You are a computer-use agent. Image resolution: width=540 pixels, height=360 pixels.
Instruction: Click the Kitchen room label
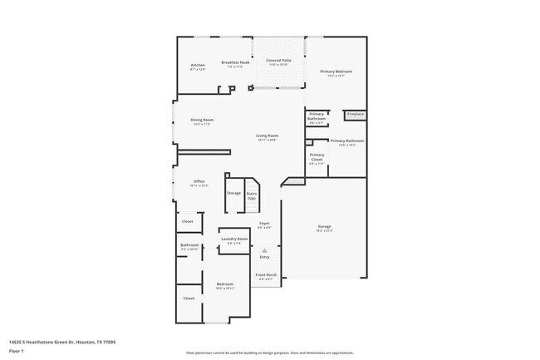click(198, 67)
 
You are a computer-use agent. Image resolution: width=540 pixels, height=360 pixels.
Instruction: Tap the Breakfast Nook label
click(235, 64)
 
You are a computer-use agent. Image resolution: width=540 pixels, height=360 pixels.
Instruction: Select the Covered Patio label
click(278, 62)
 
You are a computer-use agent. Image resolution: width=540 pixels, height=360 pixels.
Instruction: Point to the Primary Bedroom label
click(338, 73)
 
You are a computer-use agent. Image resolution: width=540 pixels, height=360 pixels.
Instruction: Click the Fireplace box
click(356, 114)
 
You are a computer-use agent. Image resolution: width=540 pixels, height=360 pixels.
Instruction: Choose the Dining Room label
click(202, 121)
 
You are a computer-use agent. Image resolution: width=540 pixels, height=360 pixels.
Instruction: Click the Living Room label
click(267, 137)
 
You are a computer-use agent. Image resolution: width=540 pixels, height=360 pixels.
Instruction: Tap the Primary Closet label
click(317, 159)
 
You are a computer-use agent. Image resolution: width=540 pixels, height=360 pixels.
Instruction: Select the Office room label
click(199, 183)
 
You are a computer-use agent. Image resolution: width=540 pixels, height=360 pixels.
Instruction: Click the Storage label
click(233, 193)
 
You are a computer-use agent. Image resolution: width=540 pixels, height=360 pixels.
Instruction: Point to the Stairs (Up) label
click(251, 195)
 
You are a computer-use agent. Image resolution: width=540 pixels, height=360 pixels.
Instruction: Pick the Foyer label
click(264, 224)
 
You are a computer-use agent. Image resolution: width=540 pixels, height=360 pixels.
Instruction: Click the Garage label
click(324, 228)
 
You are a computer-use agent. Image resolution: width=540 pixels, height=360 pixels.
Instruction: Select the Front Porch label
click(266, 277)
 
